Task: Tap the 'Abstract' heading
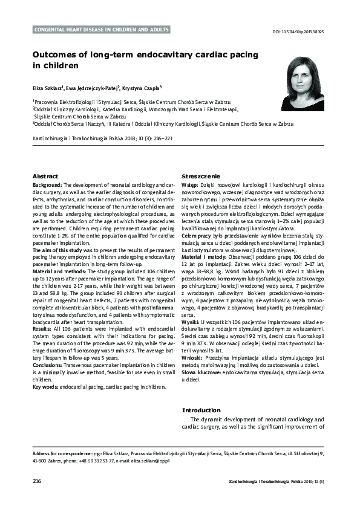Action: tap(45, 175)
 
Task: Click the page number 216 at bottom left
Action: tap(37, 481)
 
